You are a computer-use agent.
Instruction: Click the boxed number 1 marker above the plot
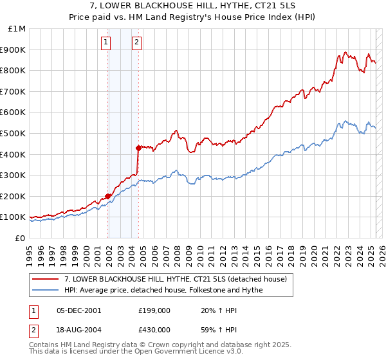[105, 43]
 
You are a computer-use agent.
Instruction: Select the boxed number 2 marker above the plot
[137, 43]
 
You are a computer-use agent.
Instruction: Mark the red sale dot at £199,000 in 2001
[108, 196]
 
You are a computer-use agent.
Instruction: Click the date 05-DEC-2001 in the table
[78, 310]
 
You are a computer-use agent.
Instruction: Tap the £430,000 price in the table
[154, 329]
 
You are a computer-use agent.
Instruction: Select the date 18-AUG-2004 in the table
[78, 329]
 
